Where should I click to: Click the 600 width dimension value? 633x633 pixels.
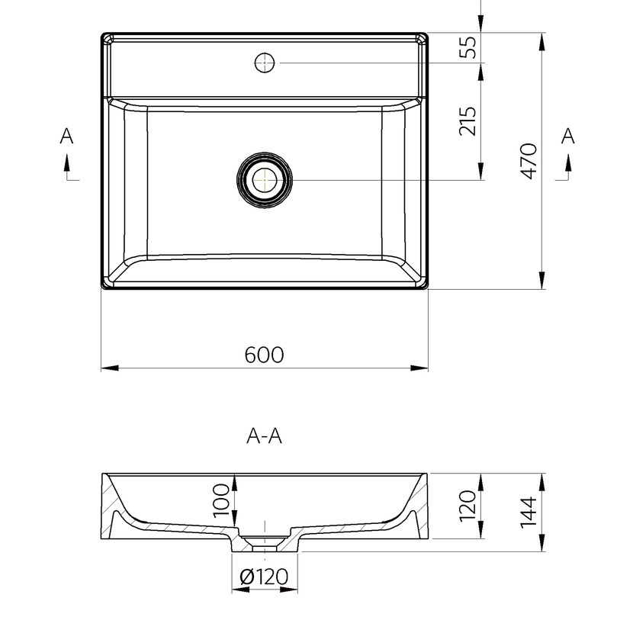tap(264, 355)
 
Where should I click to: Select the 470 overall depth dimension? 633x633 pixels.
tap(529, 161)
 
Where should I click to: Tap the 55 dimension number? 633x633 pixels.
tap(468, 47)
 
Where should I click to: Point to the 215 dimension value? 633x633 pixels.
tap(468, 121)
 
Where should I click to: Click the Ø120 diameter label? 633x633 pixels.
tap(264, 577)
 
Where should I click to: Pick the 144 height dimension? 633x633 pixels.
tap(529, 513)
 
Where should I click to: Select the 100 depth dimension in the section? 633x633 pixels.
tap(221, 501)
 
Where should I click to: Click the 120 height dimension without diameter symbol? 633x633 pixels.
tap(468, 506)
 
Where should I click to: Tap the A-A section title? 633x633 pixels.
tap(264, 436)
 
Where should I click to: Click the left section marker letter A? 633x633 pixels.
tap(66, 136)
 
